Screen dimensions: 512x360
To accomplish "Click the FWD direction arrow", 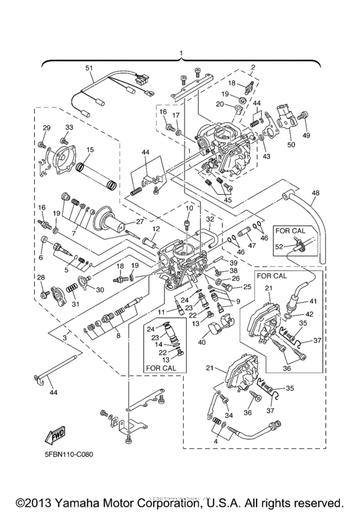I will coord(54,437).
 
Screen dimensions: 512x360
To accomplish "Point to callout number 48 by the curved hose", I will coord(315,193).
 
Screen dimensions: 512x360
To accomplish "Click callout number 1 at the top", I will coord(181,53).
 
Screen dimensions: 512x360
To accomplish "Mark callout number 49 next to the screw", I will coord(306,136).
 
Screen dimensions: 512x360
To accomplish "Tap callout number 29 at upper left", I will coord(46,128).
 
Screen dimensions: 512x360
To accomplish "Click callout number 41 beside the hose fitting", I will coord(312,301).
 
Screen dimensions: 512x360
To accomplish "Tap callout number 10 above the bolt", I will coord(189,209).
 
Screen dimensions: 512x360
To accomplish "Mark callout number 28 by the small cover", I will coord(40,277).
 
